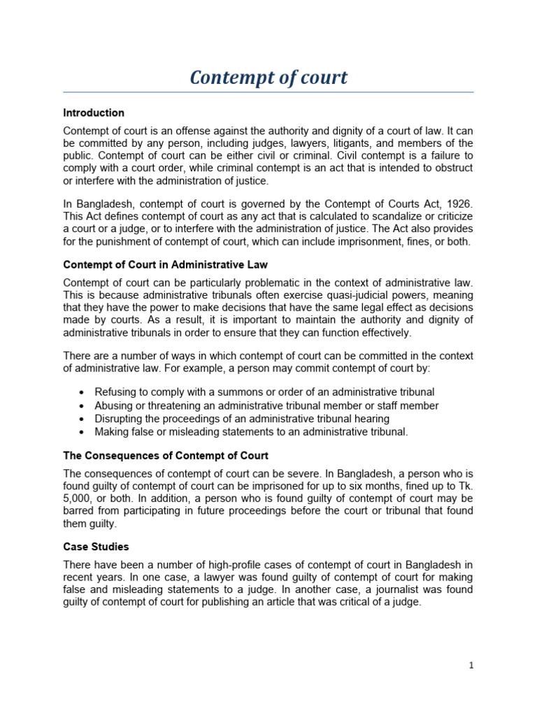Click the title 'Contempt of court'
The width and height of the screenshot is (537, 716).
(268, 78)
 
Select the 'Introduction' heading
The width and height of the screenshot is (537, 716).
(94, 113)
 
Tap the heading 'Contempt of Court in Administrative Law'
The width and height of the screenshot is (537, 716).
(165, 264)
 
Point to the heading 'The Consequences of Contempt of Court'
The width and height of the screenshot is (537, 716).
(165, 456)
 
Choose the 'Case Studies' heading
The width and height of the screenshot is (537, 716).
(96, 546)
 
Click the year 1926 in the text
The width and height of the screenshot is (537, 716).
(457, 203)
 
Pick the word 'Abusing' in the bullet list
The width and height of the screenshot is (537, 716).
(115, 406)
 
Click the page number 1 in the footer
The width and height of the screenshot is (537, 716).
(471, 665)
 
